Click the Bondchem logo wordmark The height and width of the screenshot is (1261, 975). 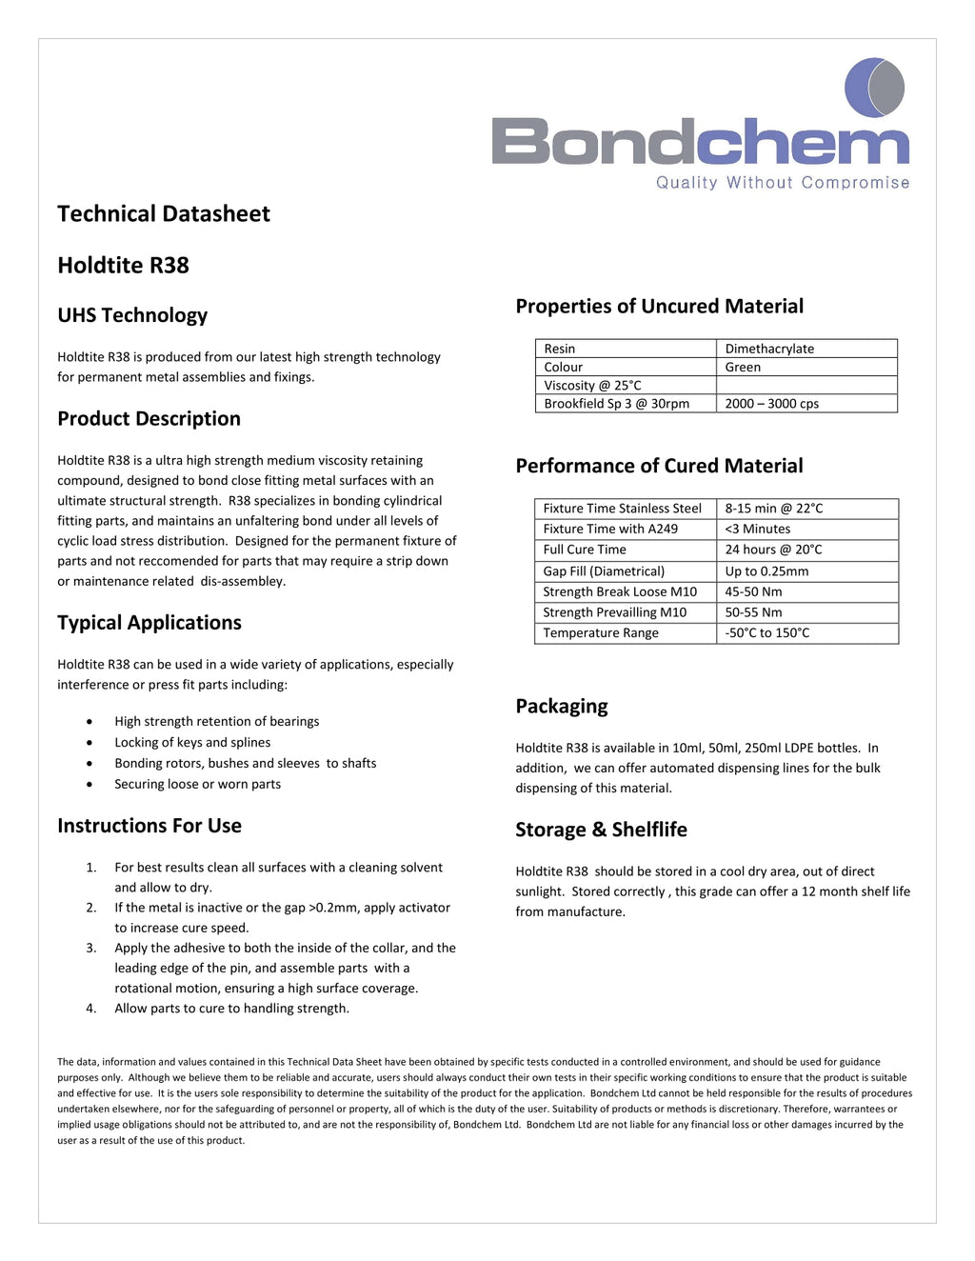coord(700,141)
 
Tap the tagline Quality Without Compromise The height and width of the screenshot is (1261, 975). coord(782,183)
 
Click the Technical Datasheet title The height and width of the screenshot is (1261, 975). coord(164,214)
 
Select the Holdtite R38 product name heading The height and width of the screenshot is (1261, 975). coord(123,266)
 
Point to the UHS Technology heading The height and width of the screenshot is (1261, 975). coord(132,315)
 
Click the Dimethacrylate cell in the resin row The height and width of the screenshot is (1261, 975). coord(769,349)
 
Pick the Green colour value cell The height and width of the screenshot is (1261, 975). coord(743,367)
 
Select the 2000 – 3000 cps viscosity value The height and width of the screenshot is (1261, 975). coord(771,404)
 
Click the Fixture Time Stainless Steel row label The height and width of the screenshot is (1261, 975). coord(622,509)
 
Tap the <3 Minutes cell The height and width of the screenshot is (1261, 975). coord(757,529)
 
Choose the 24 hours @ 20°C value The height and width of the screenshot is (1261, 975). coord(773,550)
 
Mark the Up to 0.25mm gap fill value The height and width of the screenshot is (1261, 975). coord(766,571)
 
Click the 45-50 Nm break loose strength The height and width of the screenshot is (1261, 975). coord(753,591)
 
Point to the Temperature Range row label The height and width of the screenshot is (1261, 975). coord(601,632)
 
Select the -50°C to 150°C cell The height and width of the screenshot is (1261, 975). coord(766,632)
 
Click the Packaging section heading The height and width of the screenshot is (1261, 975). coord(562,707)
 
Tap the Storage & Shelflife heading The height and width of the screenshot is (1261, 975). coord(601,830)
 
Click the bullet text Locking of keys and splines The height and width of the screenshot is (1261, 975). coord(192,743)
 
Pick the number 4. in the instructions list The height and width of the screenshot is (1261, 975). coord(91,1009)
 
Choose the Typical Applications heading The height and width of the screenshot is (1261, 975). coord(149,623)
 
